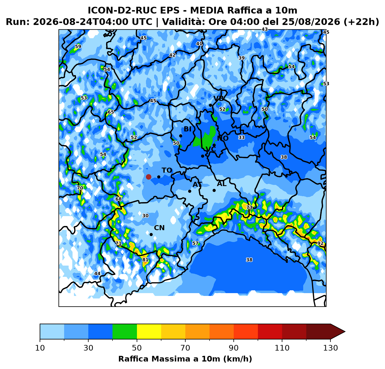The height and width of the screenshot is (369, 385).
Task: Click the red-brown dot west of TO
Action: point(148,177)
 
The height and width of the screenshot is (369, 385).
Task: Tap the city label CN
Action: point(159,228)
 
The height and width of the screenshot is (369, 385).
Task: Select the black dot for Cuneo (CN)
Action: point(151,235)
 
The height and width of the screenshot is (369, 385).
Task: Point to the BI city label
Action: point(188,129)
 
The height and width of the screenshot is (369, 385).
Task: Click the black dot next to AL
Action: point(214,191)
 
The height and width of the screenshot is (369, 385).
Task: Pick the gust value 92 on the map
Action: point(320,243)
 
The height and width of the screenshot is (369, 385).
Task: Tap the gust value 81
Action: point(145,260)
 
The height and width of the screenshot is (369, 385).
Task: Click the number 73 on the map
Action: point(249,207)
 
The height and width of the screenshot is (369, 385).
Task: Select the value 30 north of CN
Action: point(145,216)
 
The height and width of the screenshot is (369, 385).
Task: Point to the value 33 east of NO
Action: point(241,137)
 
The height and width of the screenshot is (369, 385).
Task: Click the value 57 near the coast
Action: point(195,243)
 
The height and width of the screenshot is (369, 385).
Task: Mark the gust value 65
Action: point(111,112)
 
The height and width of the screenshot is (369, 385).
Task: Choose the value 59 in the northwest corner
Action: point(78,47)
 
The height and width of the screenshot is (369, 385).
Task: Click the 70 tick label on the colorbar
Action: point(185,348)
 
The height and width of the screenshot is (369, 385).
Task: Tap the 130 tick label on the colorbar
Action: point(330,348)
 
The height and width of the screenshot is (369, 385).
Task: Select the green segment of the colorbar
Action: point(125,332)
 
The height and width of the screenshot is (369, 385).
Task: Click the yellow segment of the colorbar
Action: point(149,332)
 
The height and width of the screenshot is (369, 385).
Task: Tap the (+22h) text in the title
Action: point(361,22)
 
